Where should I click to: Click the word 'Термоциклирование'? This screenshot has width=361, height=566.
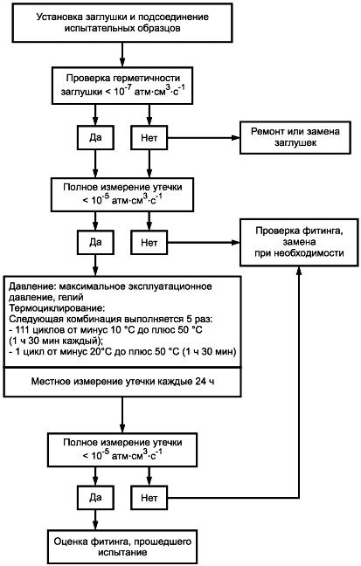56,308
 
